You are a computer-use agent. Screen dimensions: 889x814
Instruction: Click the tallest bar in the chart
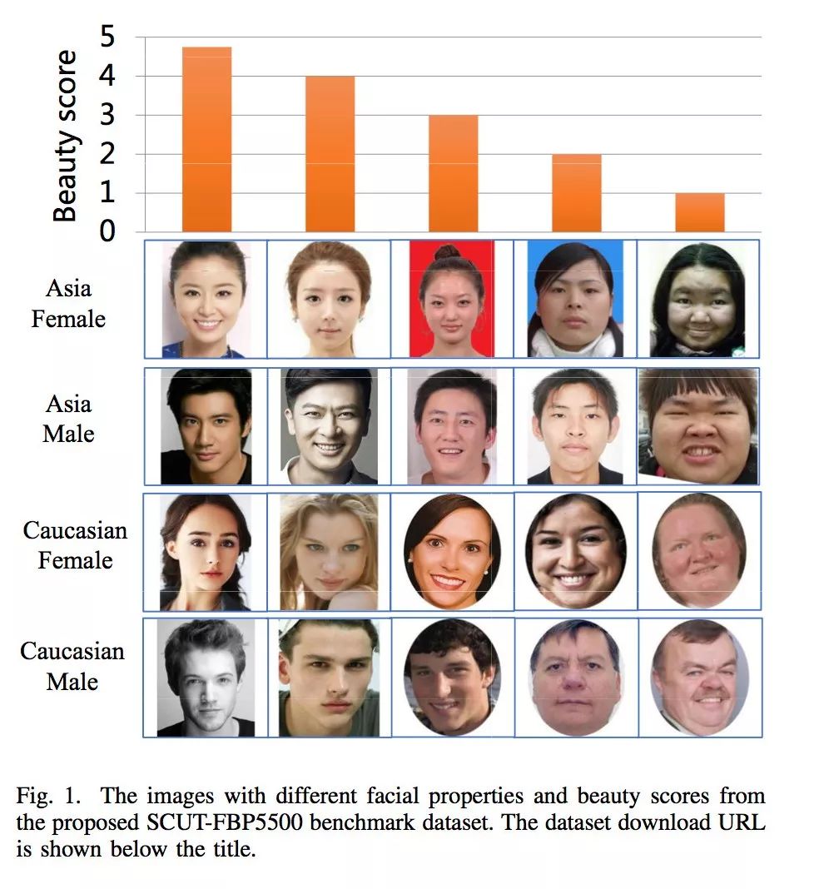point(206,139)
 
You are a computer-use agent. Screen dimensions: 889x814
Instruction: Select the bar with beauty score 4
point(330,154)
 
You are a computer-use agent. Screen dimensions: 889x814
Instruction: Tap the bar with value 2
point(576,193)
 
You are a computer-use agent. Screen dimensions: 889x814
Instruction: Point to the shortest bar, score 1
point(699,212)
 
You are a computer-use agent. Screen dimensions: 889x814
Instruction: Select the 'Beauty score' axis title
point(66,137)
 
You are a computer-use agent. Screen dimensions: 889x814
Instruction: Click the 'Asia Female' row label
point(69,304)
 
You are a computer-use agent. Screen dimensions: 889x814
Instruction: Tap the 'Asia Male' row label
point(69,419)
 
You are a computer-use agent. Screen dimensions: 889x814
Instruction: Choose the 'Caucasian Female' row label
point(75,545)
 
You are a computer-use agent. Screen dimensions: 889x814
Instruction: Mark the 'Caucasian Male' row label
point(72,666)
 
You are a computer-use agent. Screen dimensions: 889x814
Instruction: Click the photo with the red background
point(452,299)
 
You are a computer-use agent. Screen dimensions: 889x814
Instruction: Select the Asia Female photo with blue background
point(575,299)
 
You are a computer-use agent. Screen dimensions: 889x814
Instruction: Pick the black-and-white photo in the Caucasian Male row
point(206,678)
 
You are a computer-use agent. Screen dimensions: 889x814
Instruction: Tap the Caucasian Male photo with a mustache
point(699,678)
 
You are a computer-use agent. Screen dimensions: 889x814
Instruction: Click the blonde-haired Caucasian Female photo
point(329,552)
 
